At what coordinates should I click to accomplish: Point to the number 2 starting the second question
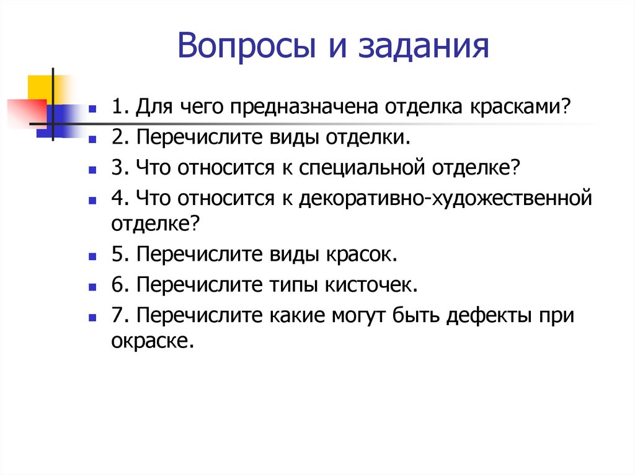pos(117,137)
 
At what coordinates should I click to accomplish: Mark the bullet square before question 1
pos(92,108)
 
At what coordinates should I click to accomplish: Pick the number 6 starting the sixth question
pos(117,285)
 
